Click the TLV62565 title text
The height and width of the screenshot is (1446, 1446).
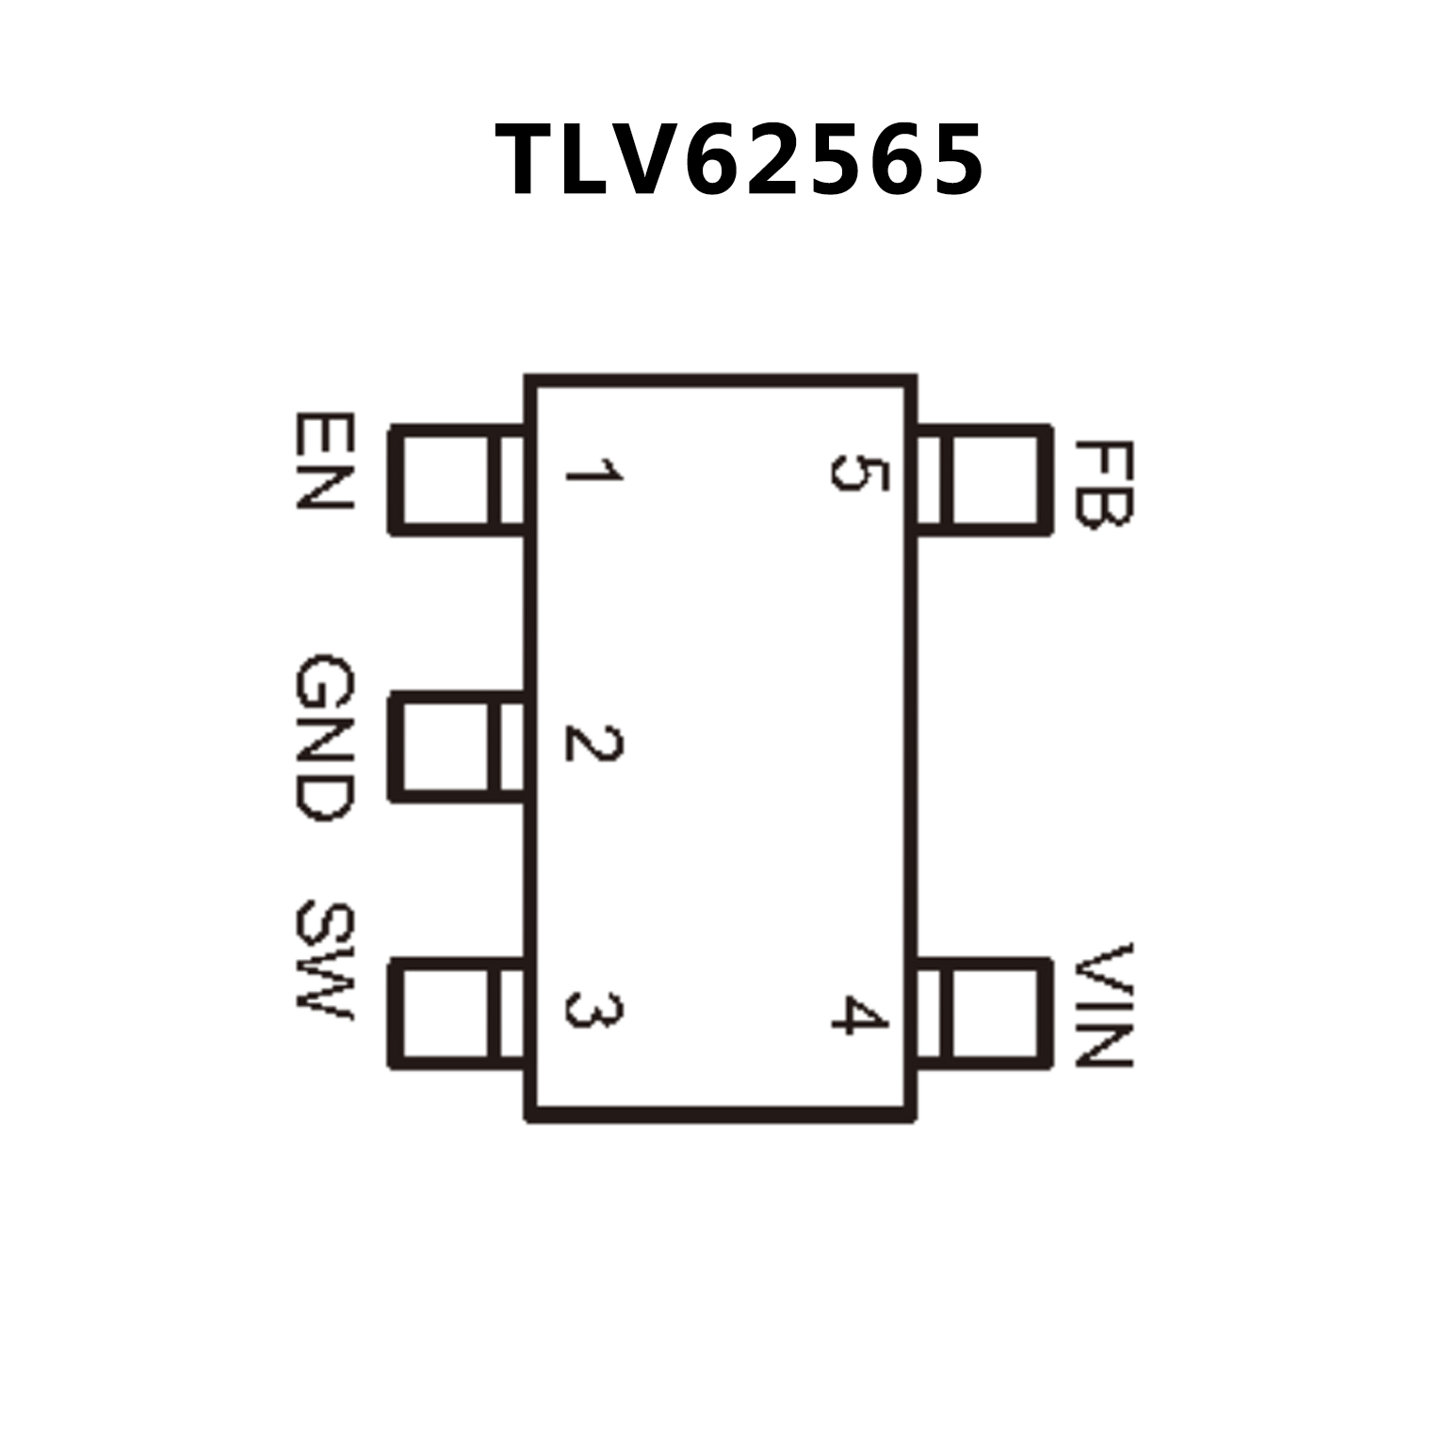point(739,160)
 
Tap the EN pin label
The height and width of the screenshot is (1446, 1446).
point(324,461)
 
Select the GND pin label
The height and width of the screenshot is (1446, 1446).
point(324,738)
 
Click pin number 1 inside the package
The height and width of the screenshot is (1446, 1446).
point(593,470)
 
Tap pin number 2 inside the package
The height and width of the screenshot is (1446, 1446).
point(593,744)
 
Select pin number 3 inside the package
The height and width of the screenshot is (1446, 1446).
point(593,1010)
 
